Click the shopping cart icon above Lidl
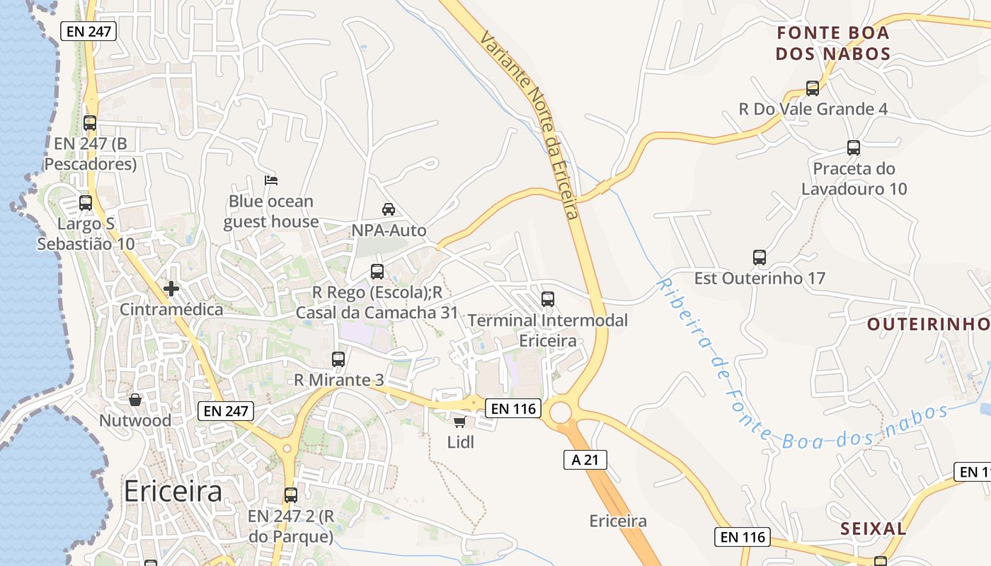pos(459,422)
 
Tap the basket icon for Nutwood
pos(134,400)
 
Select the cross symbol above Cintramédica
pos(171,289)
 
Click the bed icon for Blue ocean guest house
pos(270,180)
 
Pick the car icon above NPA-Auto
pos(389,209)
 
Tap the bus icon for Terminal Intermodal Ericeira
pos(548,299)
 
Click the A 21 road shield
pos(585,460)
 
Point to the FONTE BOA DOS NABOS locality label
pos(832,43)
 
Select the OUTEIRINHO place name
pos(928,324)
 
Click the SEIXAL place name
pos(873,529)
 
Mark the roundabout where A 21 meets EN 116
pos(560,412)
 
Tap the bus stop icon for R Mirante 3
pos(338,359)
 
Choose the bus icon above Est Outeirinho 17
pos(760,258)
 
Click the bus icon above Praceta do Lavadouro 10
pos(854,148)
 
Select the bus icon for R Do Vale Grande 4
pos(813,88)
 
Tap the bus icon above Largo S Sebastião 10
pos(86,203)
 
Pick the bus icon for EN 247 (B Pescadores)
pos(90,123)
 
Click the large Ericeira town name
pos(173,491)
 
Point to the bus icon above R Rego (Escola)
pos(377,272)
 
